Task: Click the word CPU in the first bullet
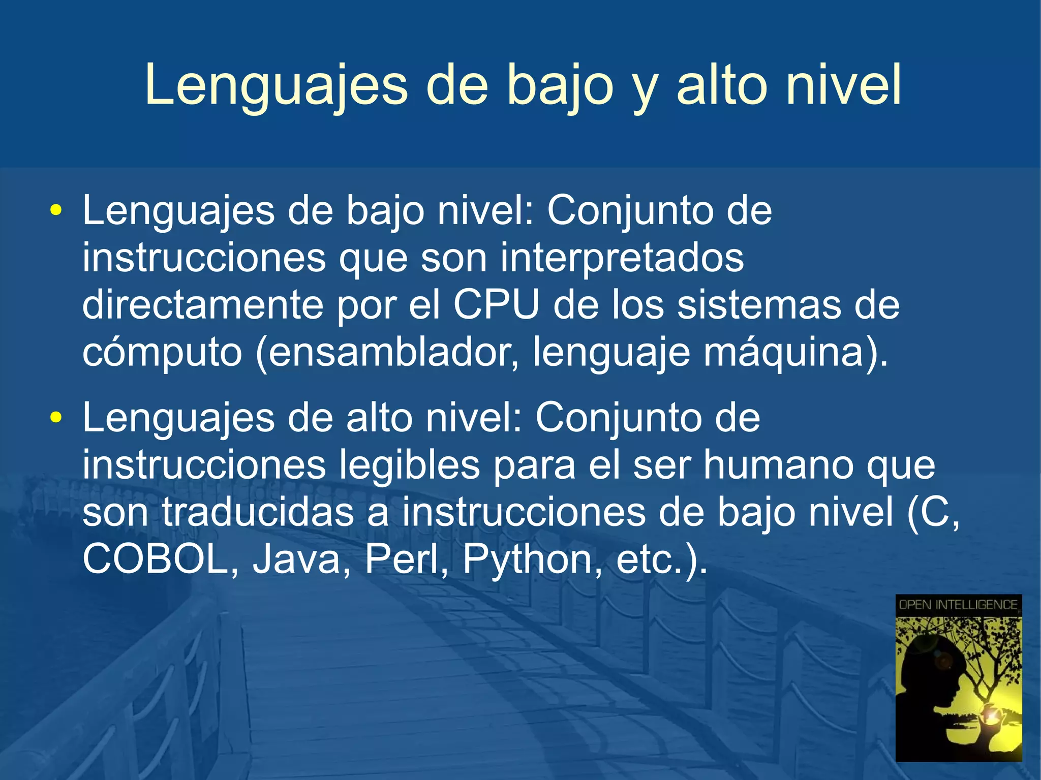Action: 496,305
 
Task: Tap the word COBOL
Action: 155,559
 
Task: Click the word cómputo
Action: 162,353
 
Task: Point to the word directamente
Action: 203,305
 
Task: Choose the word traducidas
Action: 258,512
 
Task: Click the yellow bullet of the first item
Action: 55,211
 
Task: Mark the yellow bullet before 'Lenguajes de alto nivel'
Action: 55,418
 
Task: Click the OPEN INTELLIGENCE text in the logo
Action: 958,605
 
